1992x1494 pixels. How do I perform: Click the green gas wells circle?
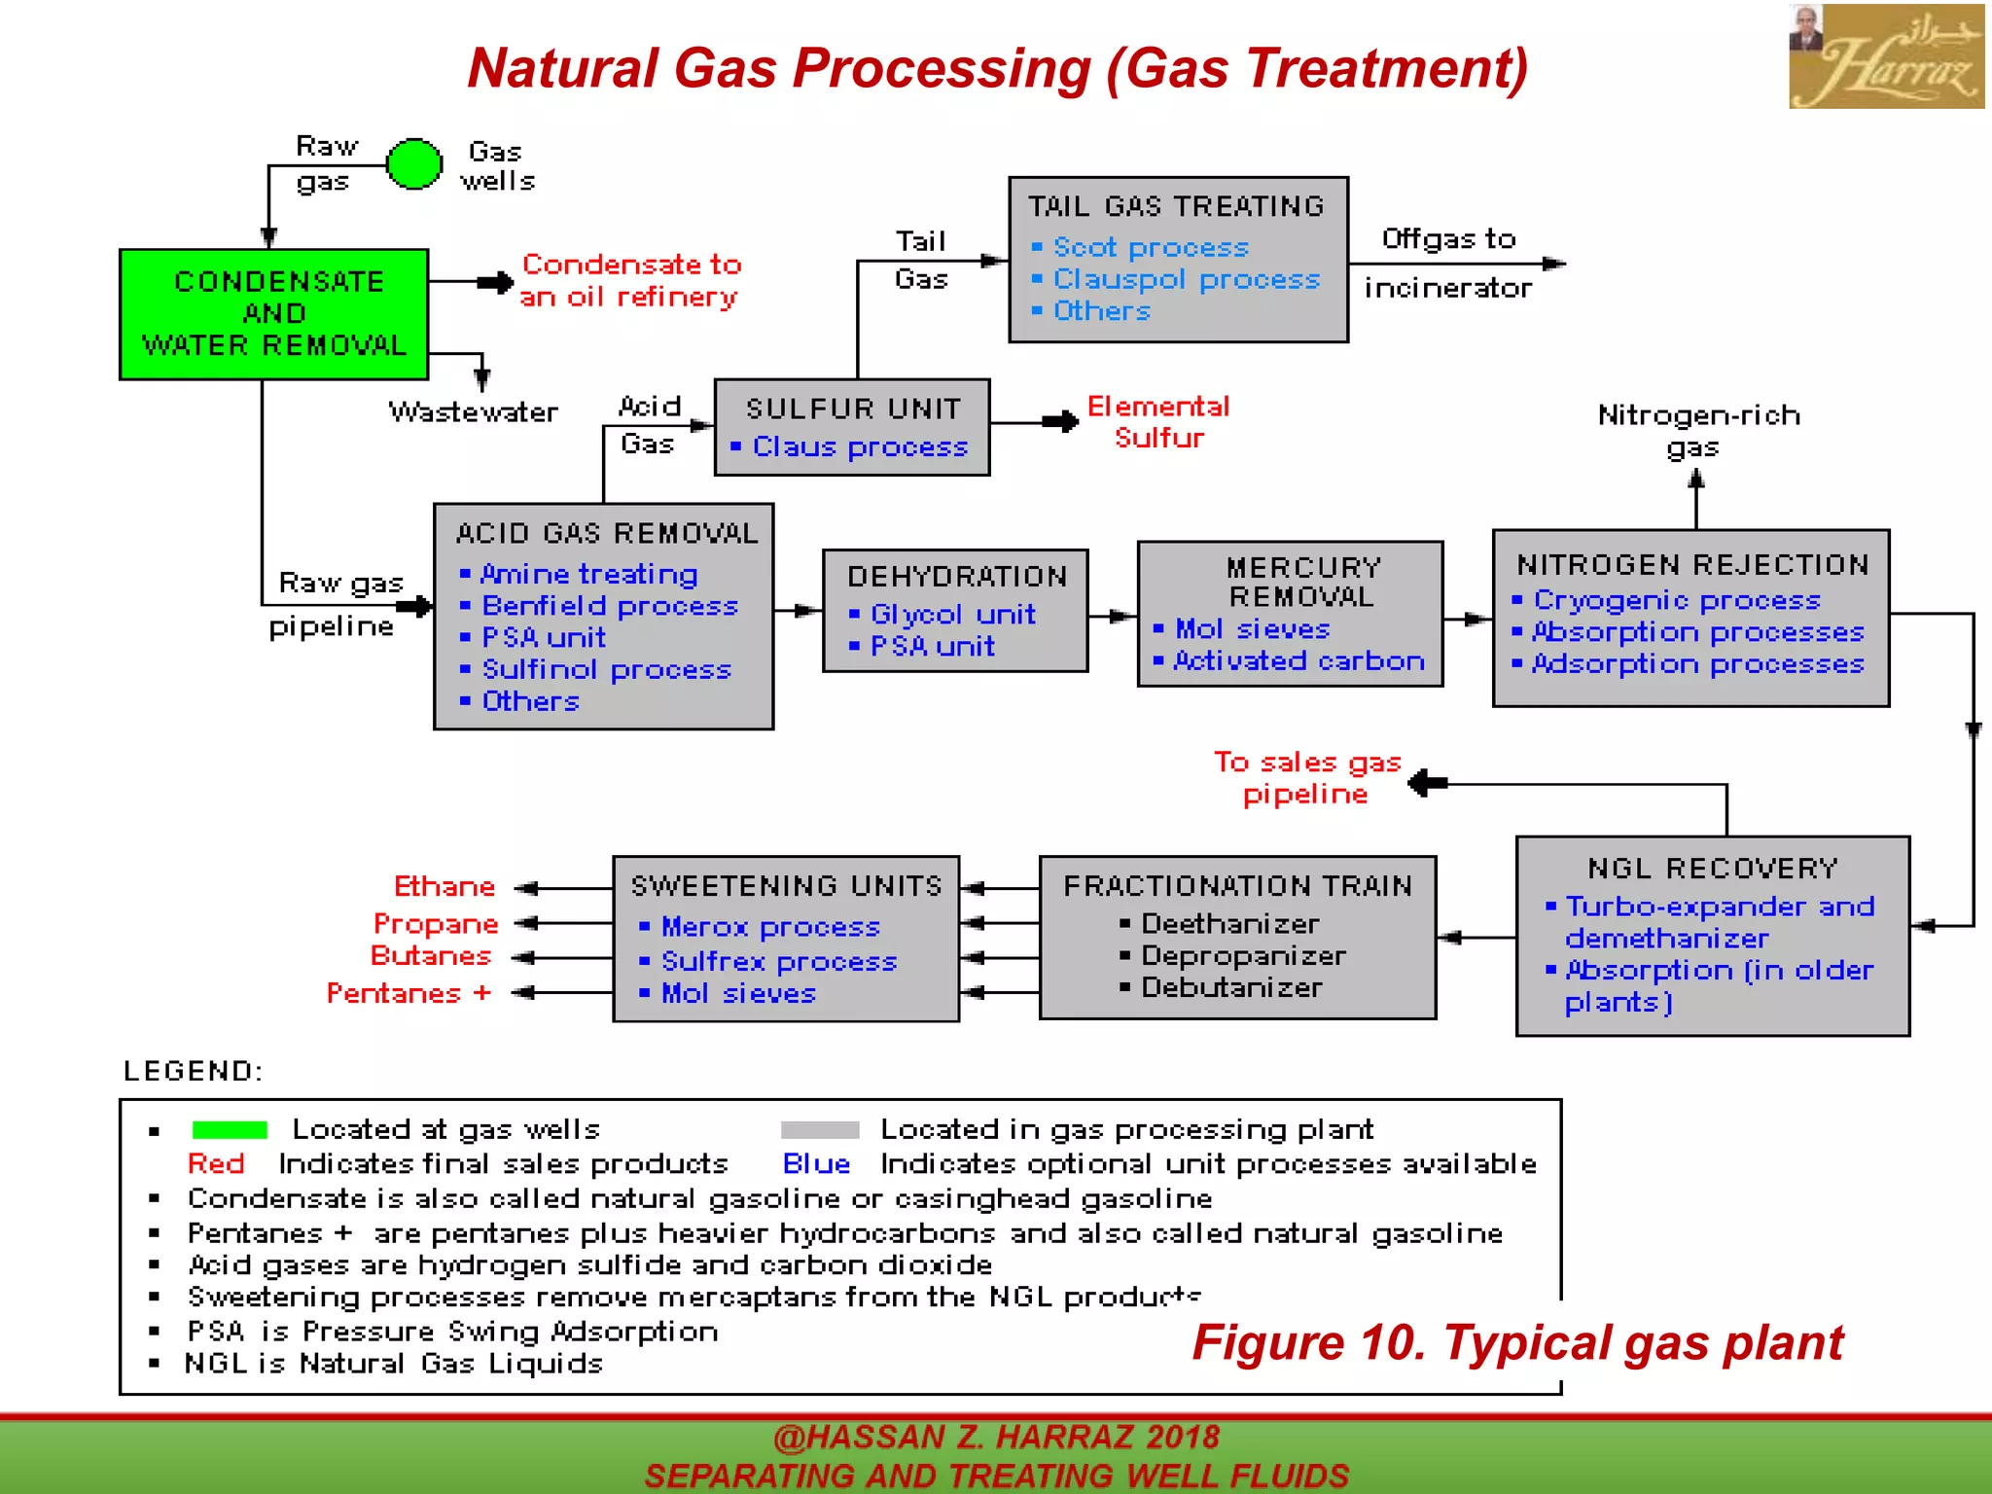(414, 163)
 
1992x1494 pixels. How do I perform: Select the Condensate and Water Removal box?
(273, 313)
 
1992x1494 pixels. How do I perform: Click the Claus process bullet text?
(860, 447)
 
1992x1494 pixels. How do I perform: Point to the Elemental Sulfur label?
(1157, 422)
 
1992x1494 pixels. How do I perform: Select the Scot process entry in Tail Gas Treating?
(1150, 248)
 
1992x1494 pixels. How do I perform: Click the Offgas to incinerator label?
(1447, 264)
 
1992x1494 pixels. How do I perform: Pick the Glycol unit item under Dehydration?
(952, 615)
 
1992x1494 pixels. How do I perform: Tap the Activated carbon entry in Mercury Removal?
(1298, 661)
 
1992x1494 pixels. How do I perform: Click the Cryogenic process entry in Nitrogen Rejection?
(1676, 600)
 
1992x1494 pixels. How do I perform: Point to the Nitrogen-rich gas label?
(1697, 431)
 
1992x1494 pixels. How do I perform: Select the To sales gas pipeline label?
(1306, 778)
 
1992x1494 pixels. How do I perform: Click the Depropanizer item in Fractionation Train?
(1242, 956)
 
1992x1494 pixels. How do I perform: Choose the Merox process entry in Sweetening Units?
(769, 927)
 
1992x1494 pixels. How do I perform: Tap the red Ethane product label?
(445, 887)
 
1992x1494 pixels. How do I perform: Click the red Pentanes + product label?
(409, 993)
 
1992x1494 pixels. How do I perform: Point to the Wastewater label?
(473, 412)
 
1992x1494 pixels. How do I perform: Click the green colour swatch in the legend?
(230, 1129)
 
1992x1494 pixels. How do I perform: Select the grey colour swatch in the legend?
(820, 1129)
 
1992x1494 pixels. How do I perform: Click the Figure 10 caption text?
(1516, 1343)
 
